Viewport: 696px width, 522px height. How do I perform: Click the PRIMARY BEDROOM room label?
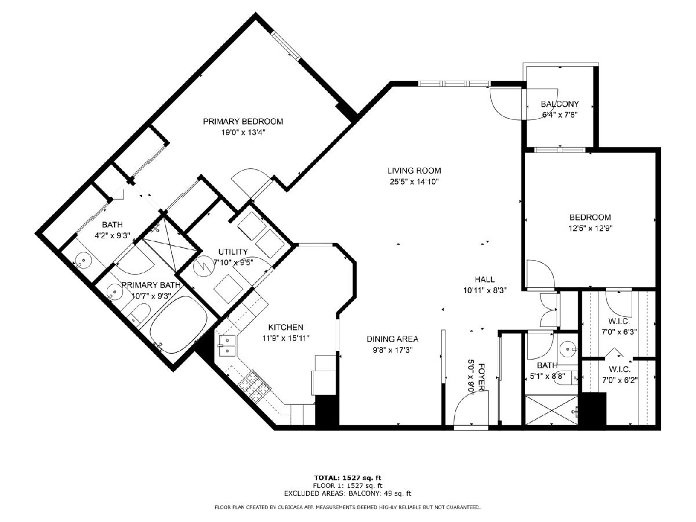coord(243,121)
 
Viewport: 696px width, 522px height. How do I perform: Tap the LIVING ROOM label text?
coord(414,171)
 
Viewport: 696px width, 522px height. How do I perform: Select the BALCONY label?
coord(560,104)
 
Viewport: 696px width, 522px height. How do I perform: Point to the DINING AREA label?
coord(393,339)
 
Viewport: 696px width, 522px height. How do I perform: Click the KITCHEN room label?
coord(286,327)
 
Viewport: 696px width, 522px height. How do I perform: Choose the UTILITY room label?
coord(233,252)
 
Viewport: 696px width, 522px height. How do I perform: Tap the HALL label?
coord(484,279)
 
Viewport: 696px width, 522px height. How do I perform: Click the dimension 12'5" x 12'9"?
coord(590,228)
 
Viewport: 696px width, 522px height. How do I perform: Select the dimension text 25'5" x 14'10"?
coord(414,182)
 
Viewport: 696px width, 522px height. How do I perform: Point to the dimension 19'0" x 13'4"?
coord(243,133)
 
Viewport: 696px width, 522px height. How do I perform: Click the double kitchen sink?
coord(226,346)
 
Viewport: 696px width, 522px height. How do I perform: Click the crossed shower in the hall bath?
coord(552,409)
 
